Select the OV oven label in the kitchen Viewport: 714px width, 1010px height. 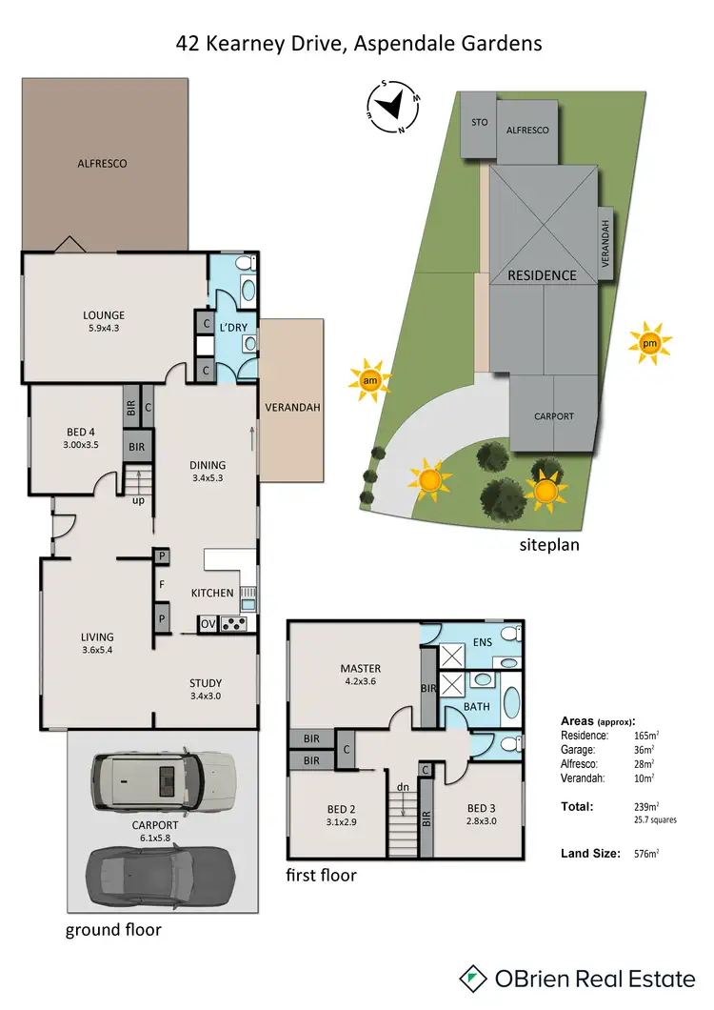click(208, 624)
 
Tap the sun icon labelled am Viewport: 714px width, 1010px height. click(369, 381)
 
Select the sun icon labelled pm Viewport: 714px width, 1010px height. click(649, 342)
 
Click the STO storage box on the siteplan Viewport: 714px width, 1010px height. click(479, 124)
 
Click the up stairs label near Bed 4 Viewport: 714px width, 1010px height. click(138, 500)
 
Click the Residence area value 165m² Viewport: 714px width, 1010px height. click(646, 736)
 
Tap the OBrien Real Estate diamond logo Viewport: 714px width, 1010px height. click(473, 978)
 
